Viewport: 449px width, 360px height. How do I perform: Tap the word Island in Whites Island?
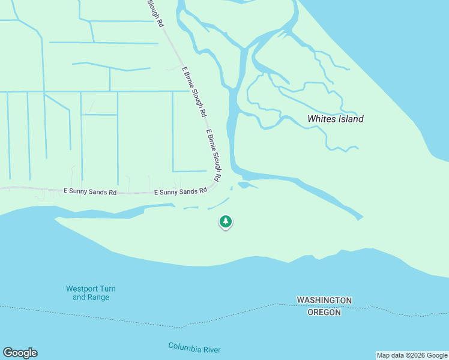point(351,119)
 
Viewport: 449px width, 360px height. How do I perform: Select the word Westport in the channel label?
point(83,289)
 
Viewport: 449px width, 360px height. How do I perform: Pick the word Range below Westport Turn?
point(98,297)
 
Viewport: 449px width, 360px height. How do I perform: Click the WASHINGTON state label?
point(324,300)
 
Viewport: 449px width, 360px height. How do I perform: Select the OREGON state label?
point(324,312)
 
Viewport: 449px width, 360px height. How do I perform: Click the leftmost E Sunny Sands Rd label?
point(90,192)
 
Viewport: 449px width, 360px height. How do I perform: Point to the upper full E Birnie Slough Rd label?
point(194,91)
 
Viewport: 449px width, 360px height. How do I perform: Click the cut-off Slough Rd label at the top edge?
point(155,13)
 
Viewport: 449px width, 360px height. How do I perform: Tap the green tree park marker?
point(226,222)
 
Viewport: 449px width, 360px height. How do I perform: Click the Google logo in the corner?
point(20,353)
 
